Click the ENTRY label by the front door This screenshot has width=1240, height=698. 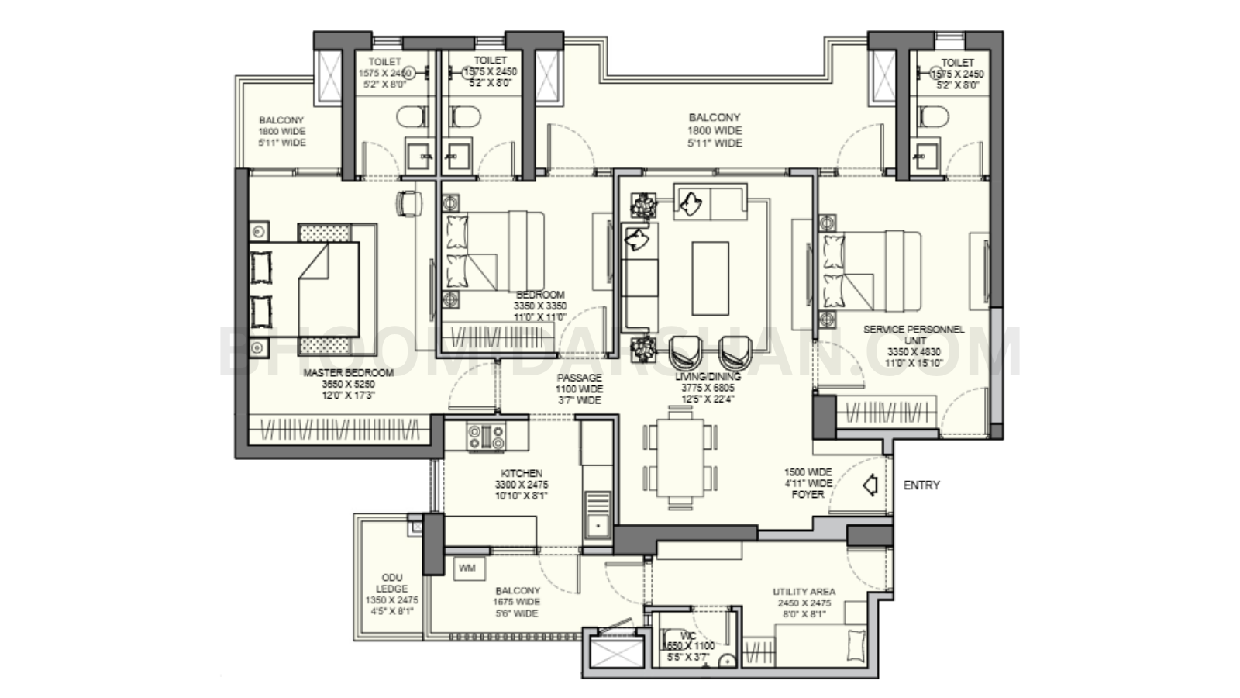pyautogui.click(x=921, y=485)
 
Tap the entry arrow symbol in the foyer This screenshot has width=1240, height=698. pyautogui.click(x=870, y=486)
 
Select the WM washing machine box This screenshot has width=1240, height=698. pyautogui.click(x=468, y=568)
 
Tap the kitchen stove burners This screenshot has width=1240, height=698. pyautogui.click(x=486, y=437)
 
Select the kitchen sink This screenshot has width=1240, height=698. pyautogui.click(x=597, y=527)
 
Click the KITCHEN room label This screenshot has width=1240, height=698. pyautogui.click(x=522, y=474)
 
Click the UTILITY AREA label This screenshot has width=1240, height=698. pyautogui.click(x=804, y=592)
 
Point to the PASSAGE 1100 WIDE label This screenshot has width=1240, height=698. pyautogui.click(x=578, y=378)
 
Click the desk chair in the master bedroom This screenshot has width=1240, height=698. pyautogui.click(x=408, y=203)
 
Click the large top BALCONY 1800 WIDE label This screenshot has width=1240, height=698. pyautogui.click(x=715, y=118)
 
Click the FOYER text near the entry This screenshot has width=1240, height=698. pyautogui.click(x=808, y=494)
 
